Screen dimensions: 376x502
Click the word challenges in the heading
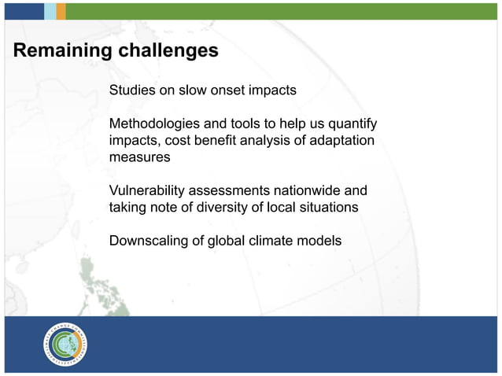168,52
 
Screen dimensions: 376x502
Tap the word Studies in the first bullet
131,90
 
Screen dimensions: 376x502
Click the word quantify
351,124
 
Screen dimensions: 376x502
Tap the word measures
139,157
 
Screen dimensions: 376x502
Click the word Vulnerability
149,191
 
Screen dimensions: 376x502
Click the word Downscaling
148,241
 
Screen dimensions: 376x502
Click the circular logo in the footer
65,345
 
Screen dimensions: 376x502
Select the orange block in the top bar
61,10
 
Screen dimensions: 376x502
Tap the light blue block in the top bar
50,10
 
